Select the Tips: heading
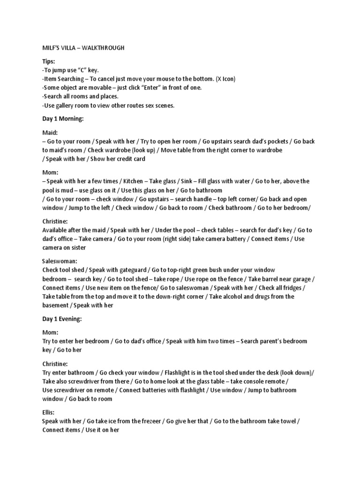pos(48,61)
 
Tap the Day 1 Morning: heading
pos(63,119)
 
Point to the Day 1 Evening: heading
pos(62,319)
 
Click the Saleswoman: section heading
pos(60,261)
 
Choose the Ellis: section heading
pos(48,412)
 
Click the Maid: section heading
pos(49,133)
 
